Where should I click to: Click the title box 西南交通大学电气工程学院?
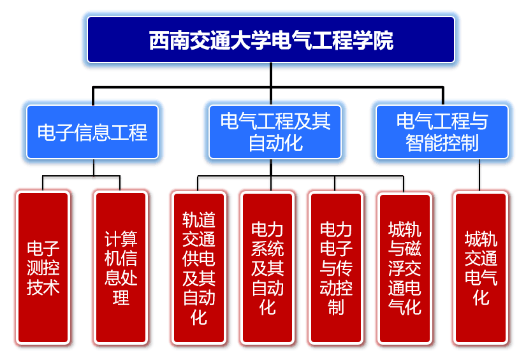271,40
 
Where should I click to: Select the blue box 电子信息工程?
93,132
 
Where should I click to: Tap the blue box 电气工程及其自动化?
271,132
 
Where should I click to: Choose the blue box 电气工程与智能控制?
442,132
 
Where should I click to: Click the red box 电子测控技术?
43,268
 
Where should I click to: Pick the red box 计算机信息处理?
121,268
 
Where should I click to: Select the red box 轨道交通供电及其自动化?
199,268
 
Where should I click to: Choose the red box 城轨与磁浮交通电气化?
405,268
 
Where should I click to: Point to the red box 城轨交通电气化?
481,268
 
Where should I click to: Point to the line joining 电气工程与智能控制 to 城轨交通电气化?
481,175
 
